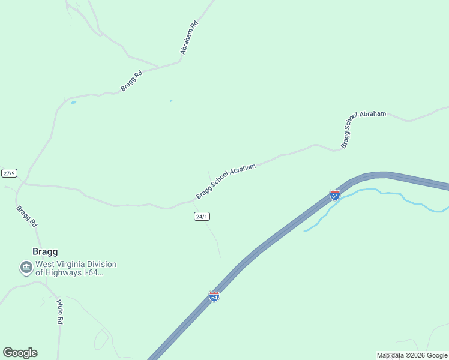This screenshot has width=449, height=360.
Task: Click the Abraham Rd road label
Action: [x=189, y=38]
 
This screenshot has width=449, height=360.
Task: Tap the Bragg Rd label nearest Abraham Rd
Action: [x=131, y=81]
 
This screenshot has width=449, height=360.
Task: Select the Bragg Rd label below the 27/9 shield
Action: [x=26, y=216]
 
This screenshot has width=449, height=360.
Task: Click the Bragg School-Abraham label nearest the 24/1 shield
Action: [x=226, y=181]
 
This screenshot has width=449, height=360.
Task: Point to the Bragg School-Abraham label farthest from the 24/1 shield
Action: [x=363, y=129]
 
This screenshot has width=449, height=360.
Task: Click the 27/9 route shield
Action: [x=9, y=173]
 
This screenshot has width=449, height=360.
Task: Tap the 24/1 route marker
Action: [x=202, y=216]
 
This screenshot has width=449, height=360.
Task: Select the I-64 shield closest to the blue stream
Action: [x=335, y=196]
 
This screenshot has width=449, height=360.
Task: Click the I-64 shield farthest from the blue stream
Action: [x=214, y=296]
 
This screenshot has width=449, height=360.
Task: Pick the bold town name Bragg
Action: [x=45, y=252]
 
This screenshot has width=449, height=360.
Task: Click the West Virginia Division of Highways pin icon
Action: [x=26, y=268]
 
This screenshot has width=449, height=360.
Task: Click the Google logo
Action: [x=20, y=353]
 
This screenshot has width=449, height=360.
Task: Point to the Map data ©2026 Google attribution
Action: [x=412, y=355]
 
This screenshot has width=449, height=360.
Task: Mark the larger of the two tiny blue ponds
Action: [x=73, y=103]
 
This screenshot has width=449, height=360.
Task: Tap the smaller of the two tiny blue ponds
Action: [x=171, y=100]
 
